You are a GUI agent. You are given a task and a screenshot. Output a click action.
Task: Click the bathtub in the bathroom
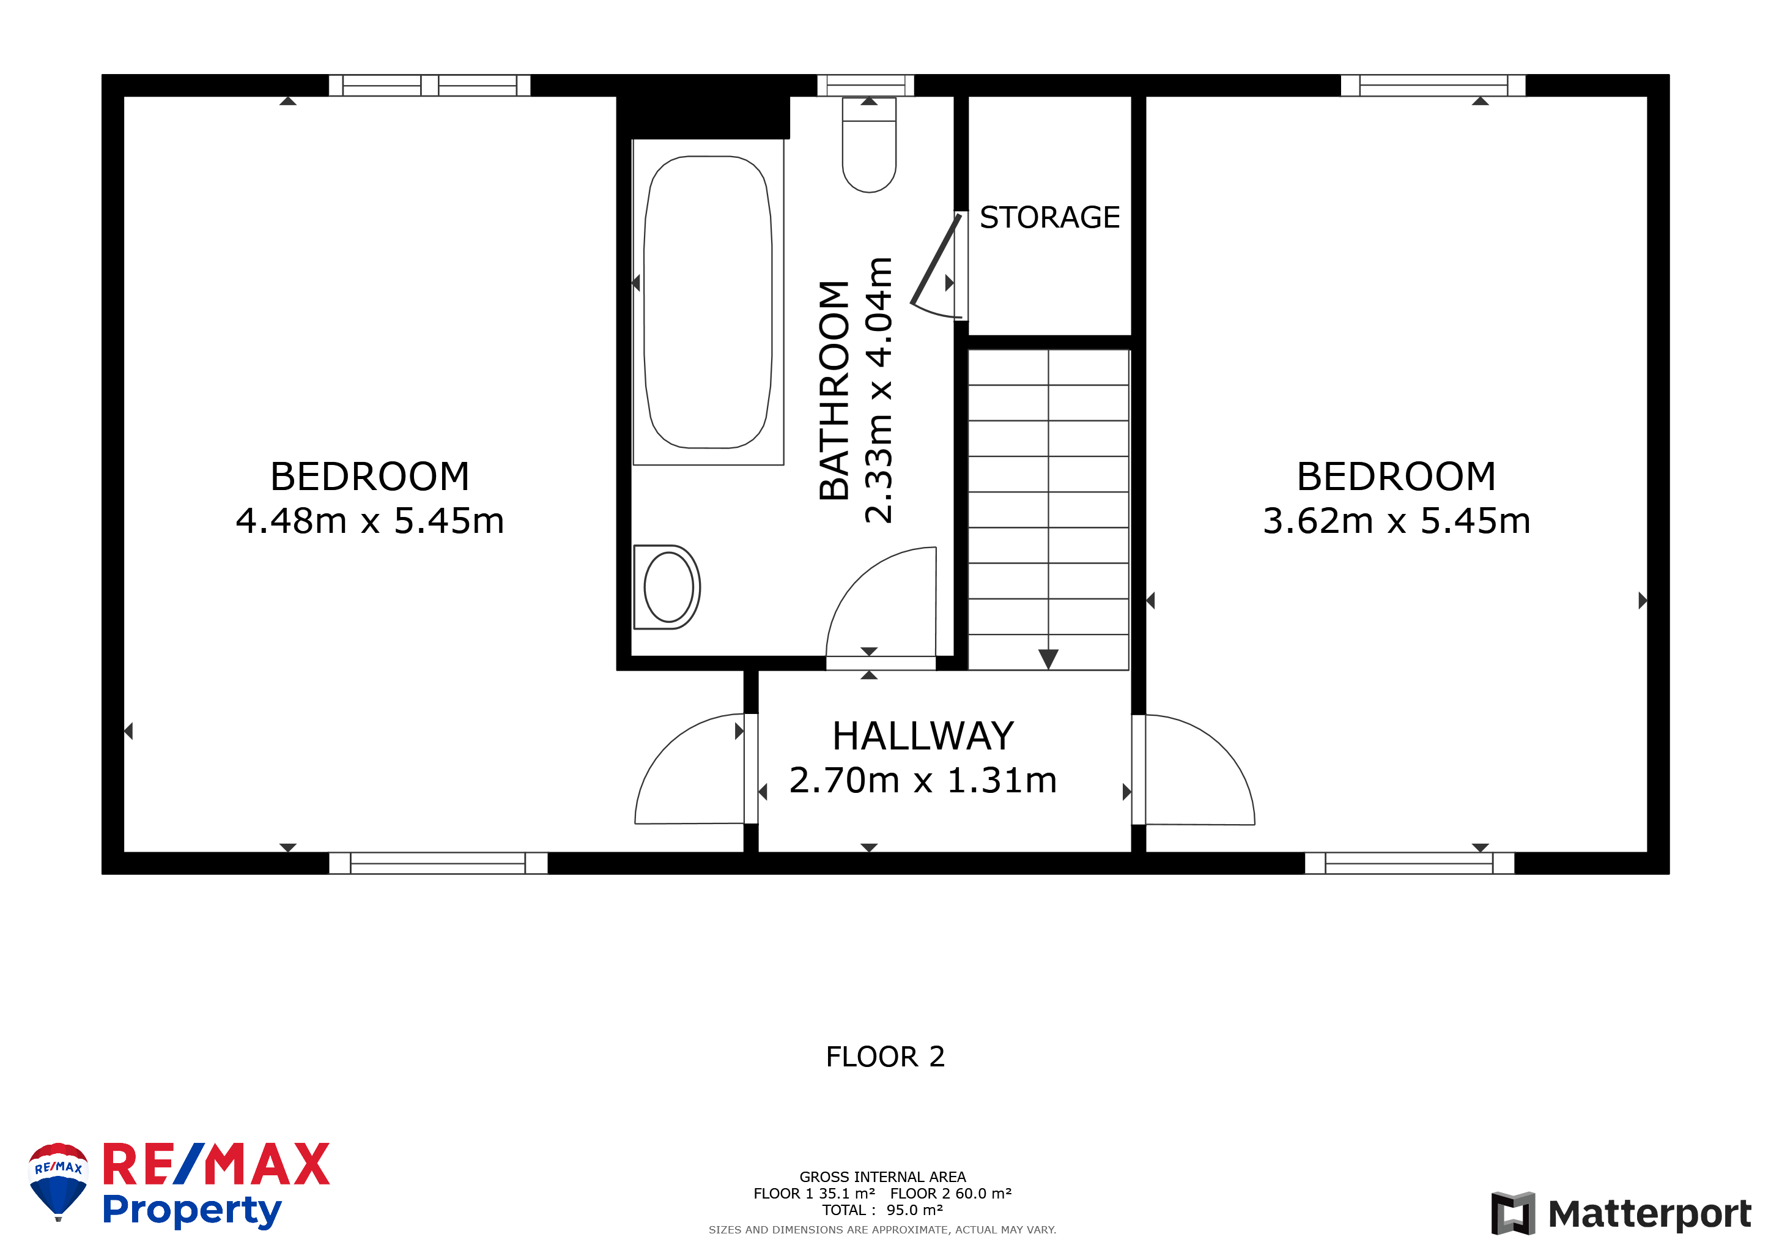click(708, 302)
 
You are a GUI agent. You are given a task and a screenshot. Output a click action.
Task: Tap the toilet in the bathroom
click(870, 145)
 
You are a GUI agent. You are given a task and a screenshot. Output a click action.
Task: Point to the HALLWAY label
click(923, 735)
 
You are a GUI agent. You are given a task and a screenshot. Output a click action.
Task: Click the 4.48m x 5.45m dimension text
click(369, 521)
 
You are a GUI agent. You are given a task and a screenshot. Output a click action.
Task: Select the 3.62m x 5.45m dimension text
click(1396, 521)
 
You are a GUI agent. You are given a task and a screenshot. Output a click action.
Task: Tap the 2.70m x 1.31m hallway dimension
click(923, 780)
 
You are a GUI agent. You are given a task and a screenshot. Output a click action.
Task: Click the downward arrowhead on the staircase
click(1048, 659)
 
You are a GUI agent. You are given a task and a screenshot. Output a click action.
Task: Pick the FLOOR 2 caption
click(885, 1056)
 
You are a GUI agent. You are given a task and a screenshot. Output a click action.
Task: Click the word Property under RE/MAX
click(192, 1211)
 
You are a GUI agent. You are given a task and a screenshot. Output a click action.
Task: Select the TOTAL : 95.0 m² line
click(882, 1210)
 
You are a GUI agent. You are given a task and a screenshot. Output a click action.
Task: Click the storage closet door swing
click(936, 267)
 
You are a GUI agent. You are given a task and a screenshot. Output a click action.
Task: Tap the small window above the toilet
click(865, 85)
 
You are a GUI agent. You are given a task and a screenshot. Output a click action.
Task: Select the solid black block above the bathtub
click(703, 117)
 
